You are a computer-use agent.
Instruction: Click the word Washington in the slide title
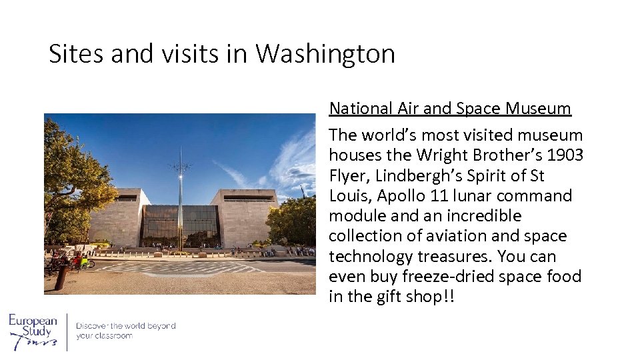click(325, 54)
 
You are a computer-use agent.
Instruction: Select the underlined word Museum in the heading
click(539, 108)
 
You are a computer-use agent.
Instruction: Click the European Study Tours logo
click(33, 331)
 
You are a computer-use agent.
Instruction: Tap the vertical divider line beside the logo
click(67, 331)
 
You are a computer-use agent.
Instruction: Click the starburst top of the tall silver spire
click(179, 165)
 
